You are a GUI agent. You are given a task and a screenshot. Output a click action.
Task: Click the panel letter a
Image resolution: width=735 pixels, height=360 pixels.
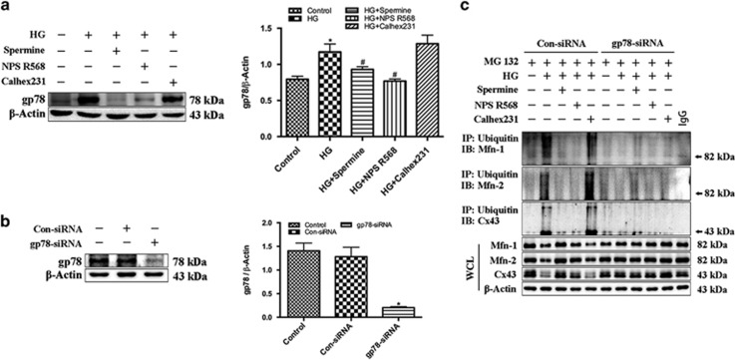[7, 9]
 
